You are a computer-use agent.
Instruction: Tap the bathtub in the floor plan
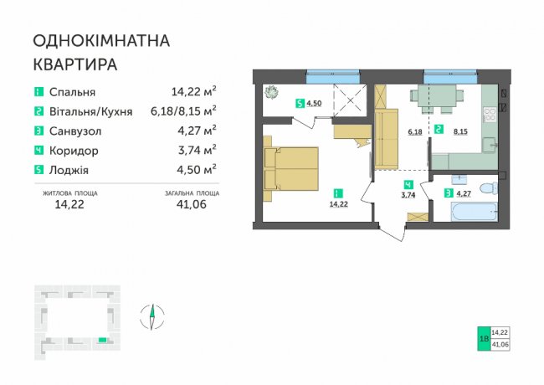coord(475,212)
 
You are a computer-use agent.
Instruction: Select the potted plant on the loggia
coord(272,93)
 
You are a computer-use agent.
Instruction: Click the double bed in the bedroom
coord(291,169)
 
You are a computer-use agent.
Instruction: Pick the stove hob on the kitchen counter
coord(490,115)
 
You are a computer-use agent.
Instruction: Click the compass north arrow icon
coord(152,316)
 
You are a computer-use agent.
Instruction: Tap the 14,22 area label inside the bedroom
coord(338,204)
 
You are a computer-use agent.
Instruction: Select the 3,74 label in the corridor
coord(408,195)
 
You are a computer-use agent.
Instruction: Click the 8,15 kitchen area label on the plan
coord(460,131)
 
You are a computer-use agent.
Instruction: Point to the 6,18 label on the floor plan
coord(415,131)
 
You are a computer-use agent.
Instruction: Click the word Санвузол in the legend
coord(75,131)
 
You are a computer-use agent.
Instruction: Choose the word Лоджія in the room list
coord(69,170)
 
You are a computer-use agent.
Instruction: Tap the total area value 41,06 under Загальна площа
coord(191,204)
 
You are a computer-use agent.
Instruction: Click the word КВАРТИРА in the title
coord(75,64)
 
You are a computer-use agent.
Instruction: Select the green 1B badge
coord(484,338)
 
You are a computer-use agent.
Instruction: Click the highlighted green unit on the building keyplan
coord(102,340)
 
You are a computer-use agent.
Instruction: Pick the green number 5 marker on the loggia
coord(300,103)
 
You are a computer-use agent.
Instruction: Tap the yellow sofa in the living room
coord(386,139)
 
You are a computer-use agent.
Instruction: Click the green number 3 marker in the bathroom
coord(449,193)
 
